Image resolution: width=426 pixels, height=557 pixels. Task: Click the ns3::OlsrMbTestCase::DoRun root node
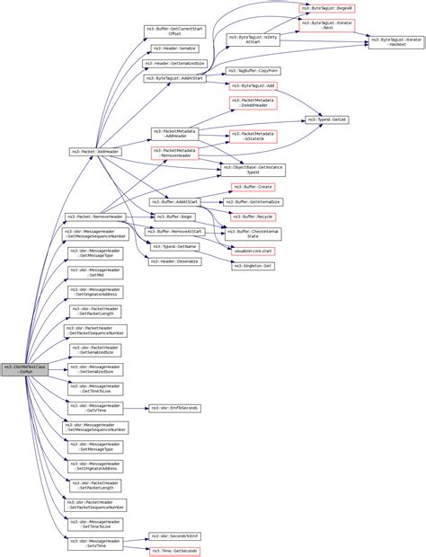point(23,369)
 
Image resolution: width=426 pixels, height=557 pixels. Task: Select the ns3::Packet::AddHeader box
point(94,152)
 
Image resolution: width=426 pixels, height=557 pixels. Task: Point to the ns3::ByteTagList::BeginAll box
point(324,7)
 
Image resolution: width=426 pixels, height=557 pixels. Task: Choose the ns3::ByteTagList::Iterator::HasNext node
point(395,41)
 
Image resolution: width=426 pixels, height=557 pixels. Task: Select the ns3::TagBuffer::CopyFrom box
point(253,69)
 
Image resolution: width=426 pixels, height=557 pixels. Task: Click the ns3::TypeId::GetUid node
point(326,119)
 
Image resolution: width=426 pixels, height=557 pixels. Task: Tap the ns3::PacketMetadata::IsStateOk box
point(253,137)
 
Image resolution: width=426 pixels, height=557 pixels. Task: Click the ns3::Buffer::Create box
point(253,187)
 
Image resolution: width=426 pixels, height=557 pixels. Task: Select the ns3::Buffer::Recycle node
point(253,217)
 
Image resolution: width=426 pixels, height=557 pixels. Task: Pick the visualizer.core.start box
point(253,251)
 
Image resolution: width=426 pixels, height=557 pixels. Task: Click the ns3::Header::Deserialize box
point(174,261)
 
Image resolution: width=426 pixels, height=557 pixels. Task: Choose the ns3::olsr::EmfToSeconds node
point(174,408)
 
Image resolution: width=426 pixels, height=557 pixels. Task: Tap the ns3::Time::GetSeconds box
point(174,550)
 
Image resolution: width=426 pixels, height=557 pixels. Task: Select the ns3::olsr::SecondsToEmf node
point(174,535)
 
